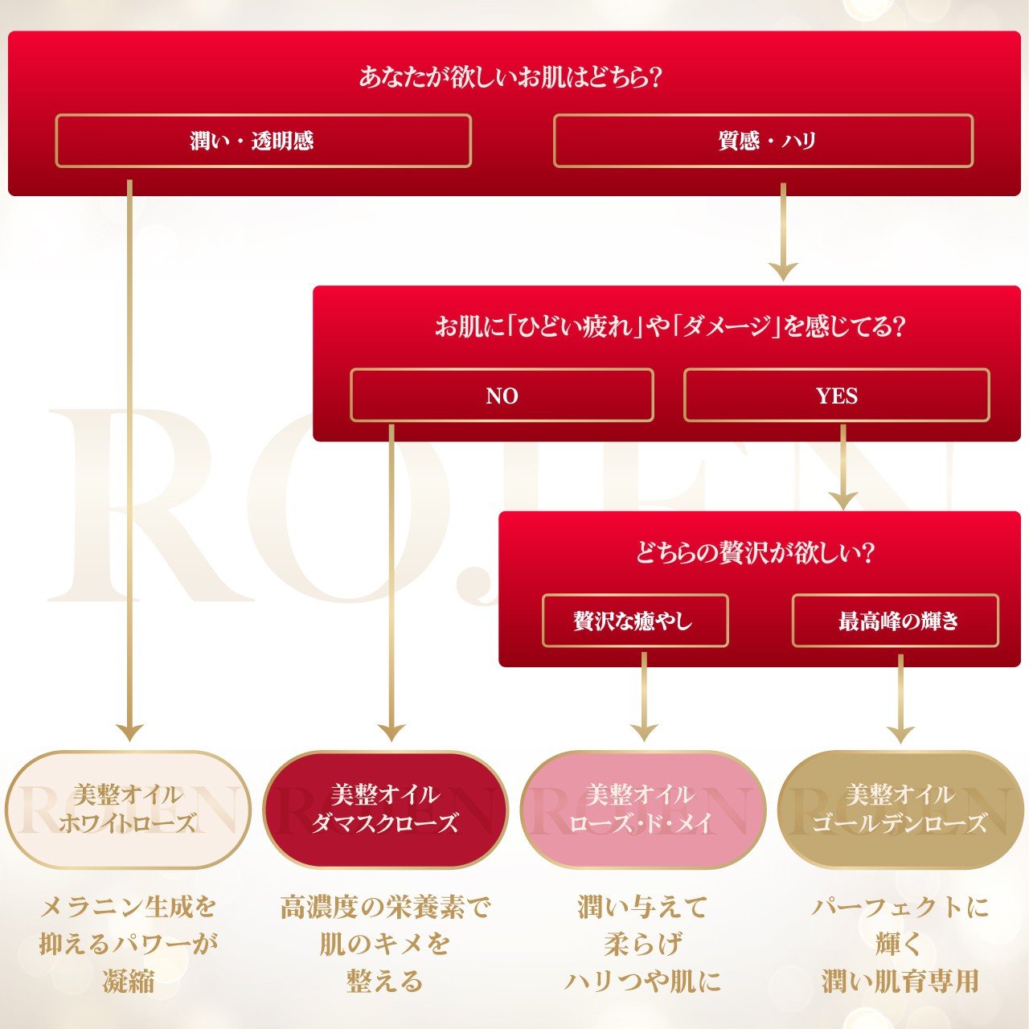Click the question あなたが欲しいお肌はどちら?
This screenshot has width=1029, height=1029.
tap(510, 78)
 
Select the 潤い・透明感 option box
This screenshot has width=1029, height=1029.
tap(263, 141)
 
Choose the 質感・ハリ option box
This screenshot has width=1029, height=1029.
tap(763, 141)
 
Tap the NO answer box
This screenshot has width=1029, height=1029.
tap(502, 395)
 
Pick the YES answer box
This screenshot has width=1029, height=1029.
tap(836, 395)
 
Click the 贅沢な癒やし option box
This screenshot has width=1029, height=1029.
tap(635, 621)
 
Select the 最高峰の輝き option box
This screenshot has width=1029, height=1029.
tap(896, 621)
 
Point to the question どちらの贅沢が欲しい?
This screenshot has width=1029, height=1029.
tap(754, 553)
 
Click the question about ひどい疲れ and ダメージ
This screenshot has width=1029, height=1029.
tap(669, 326)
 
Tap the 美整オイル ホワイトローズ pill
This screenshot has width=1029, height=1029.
tap(128, 810)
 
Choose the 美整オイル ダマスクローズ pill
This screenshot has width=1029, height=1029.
tap(385, 810)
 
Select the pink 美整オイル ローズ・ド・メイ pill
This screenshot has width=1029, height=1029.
tap(642, 810)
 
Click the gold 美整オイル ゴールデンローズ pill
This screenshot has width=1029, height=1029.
tap(899, 810)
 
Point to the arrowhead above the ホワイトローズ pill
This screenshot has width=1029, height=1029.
tap(129, 732)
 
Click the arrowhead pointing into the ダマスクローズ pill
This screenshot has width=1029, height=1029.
tap(392, 732)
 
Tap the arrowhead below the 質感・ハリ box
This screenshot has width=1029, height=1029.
tap(783, 270)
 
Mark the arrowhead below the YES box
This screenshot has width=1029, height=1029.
tap(842, 498)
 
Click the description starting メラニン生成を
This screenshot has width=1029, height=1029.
tap(129, 908)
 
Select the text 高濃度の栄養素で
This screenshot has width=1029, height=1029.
tap(385, 908)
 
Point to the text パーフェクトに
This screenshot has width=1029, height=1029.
tap(899, 908)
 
